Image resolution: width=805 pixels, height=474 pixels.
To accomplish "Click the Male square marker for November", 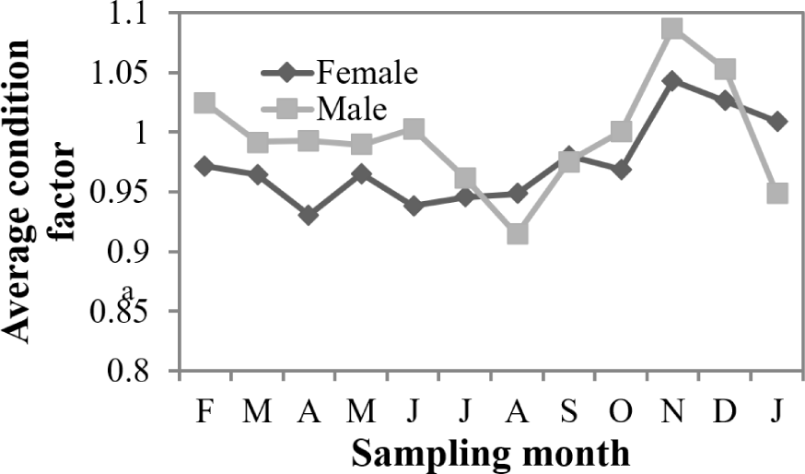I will [672, 29].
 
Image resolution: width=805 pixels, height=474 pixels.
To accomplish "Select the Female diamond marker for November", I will [672, 81].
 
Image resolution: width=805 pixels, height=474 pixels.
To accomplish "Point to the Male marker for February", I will [204, 102].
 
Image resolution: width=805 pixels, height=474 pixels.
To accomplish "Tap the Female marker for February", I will [204, 166].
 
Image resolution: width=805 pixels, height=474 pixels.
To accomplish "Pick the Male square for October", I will [621, 132].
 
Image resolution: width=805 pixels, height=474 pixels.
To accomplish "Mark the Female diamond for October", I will [621, 170].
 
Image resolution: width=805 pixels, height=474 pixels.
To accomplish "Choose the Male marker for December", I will [725, 69].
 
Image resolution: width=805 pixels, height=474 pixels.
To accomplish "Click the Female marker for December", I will [725, 101].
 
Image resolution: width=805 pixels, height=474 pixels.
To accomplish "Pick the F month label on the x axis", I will [204, 412].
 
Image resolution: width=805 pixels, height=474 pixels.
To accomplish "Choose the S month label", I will [568, 412].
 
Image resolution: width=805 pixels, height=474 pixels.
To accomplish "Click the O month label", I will [621, 412].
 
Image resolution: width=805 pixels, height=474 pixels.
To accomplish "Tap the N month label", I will [672, 412].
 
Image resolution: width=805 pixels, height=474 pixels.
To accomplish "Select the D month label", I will [725, 412].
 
